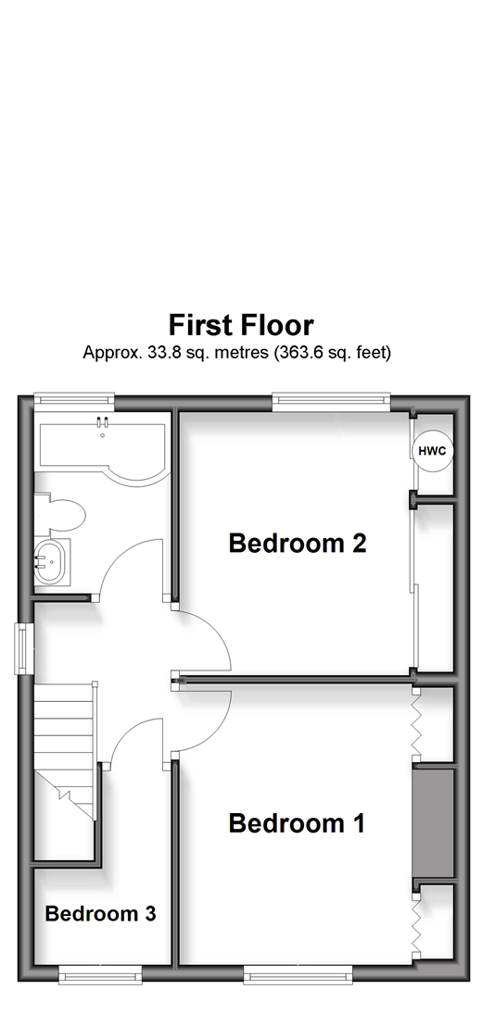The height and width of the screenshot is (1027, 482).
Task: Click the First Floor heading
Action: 241,325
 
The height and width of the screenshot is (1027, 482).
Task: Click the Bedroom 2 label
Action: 297,543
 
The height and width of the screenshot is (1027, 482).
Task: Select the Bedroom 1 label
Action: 297,823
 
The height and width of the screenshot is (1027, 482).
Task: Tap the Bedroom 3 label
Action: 100,913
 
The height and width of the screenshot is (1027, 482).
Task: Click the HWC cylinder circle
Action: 432,451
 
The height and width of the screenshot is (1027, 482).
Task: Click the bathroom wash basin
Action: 52,561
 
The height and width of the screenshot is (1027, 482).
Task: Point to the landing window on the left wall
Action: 26,647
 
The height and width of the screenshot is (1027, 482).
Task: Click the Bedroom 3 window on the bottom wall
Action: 100,974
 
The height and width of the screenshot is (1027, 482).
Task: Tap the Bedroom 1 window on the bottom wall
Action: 298,974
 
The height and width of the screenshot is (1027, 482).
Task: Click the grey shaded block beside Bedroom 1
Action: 433,823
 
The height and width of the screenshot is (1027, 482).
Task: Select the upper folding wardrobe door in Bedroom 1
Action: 415,724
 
